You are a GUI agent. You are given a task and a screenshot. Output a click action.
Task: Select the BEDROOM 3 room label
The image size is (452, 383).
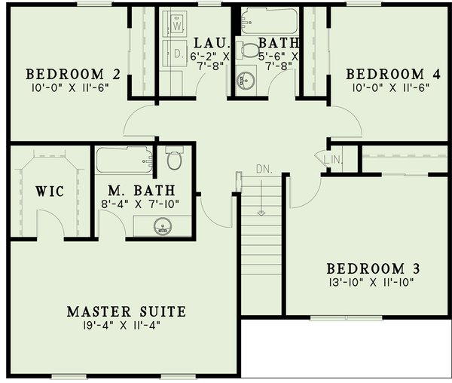(x=373, y=268)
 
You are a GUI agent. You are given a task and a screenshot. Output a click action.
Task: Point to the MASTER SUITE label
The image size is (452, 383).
(x=126, y=311)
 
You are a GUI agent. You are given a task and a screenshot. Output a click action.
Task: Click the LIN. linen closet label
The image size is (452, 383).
(x=332, y=159)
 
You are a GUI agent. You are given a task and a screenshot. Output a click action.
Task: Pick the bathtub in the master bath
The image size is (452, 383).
(x=124, y=160)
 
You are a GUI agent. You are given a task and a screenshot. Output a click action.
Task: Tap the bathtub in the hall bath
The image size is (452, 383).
(x=270, y=20)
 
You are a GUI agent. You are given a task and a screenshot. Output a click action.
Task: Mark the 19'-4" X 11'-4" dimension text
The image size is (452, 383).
(x=126, y=326)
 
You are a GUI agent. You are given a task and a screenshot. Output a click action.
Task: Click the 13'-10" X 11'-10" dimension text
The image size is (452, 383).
(x=373, y=283)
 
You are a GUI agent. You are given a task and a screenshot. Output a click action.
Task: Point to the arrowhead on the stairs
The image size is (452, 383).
(x=261, y=212)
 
